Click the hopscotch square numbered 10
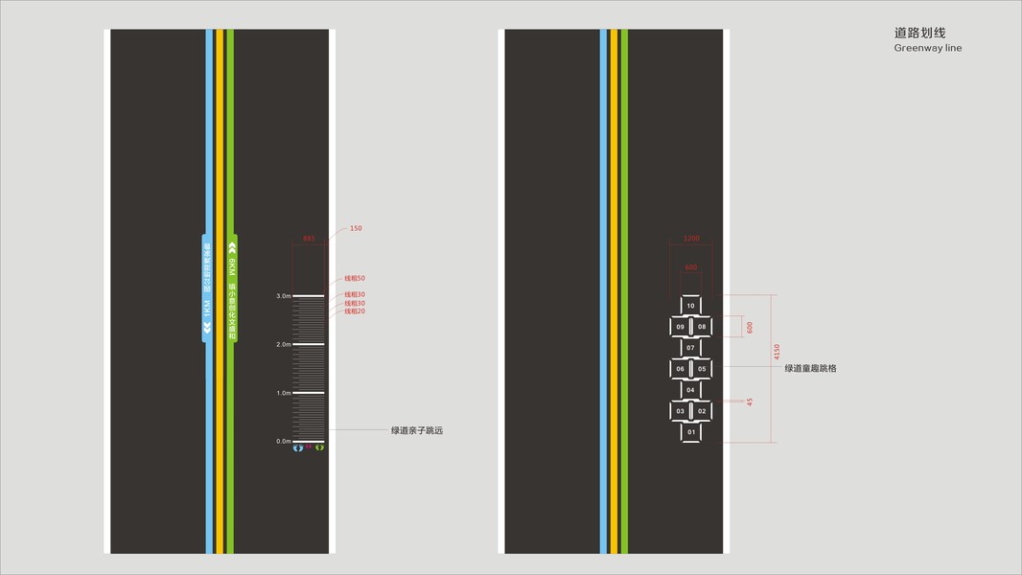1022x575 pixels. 690,306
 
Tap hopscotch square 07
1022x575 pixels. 690,348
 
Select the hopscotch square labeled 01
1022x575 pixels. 690,432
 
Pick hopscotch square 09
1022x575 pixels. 680,327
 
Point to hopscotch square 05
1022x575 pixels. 702,369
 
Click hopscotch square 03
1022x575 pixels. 680,411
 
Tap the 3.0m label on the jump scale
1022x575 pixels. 284,296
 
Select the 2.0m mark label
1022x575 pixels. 284,344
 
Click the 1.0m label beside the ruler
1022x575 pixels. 284,393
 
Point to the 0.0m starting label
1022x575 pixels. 284,442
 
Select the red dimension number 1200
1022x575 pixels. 691,239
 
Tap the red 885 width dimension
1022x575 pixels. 309,238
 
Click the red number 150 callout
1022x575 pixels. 356,228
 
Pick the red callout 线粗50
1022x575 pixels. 355,278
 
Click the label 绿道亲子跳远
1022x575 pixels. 417,431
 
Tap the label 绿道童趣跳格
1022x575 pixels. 810,368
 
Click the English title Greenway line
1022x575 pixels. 927,48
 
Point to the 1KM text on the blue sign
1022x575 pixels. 206,309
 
